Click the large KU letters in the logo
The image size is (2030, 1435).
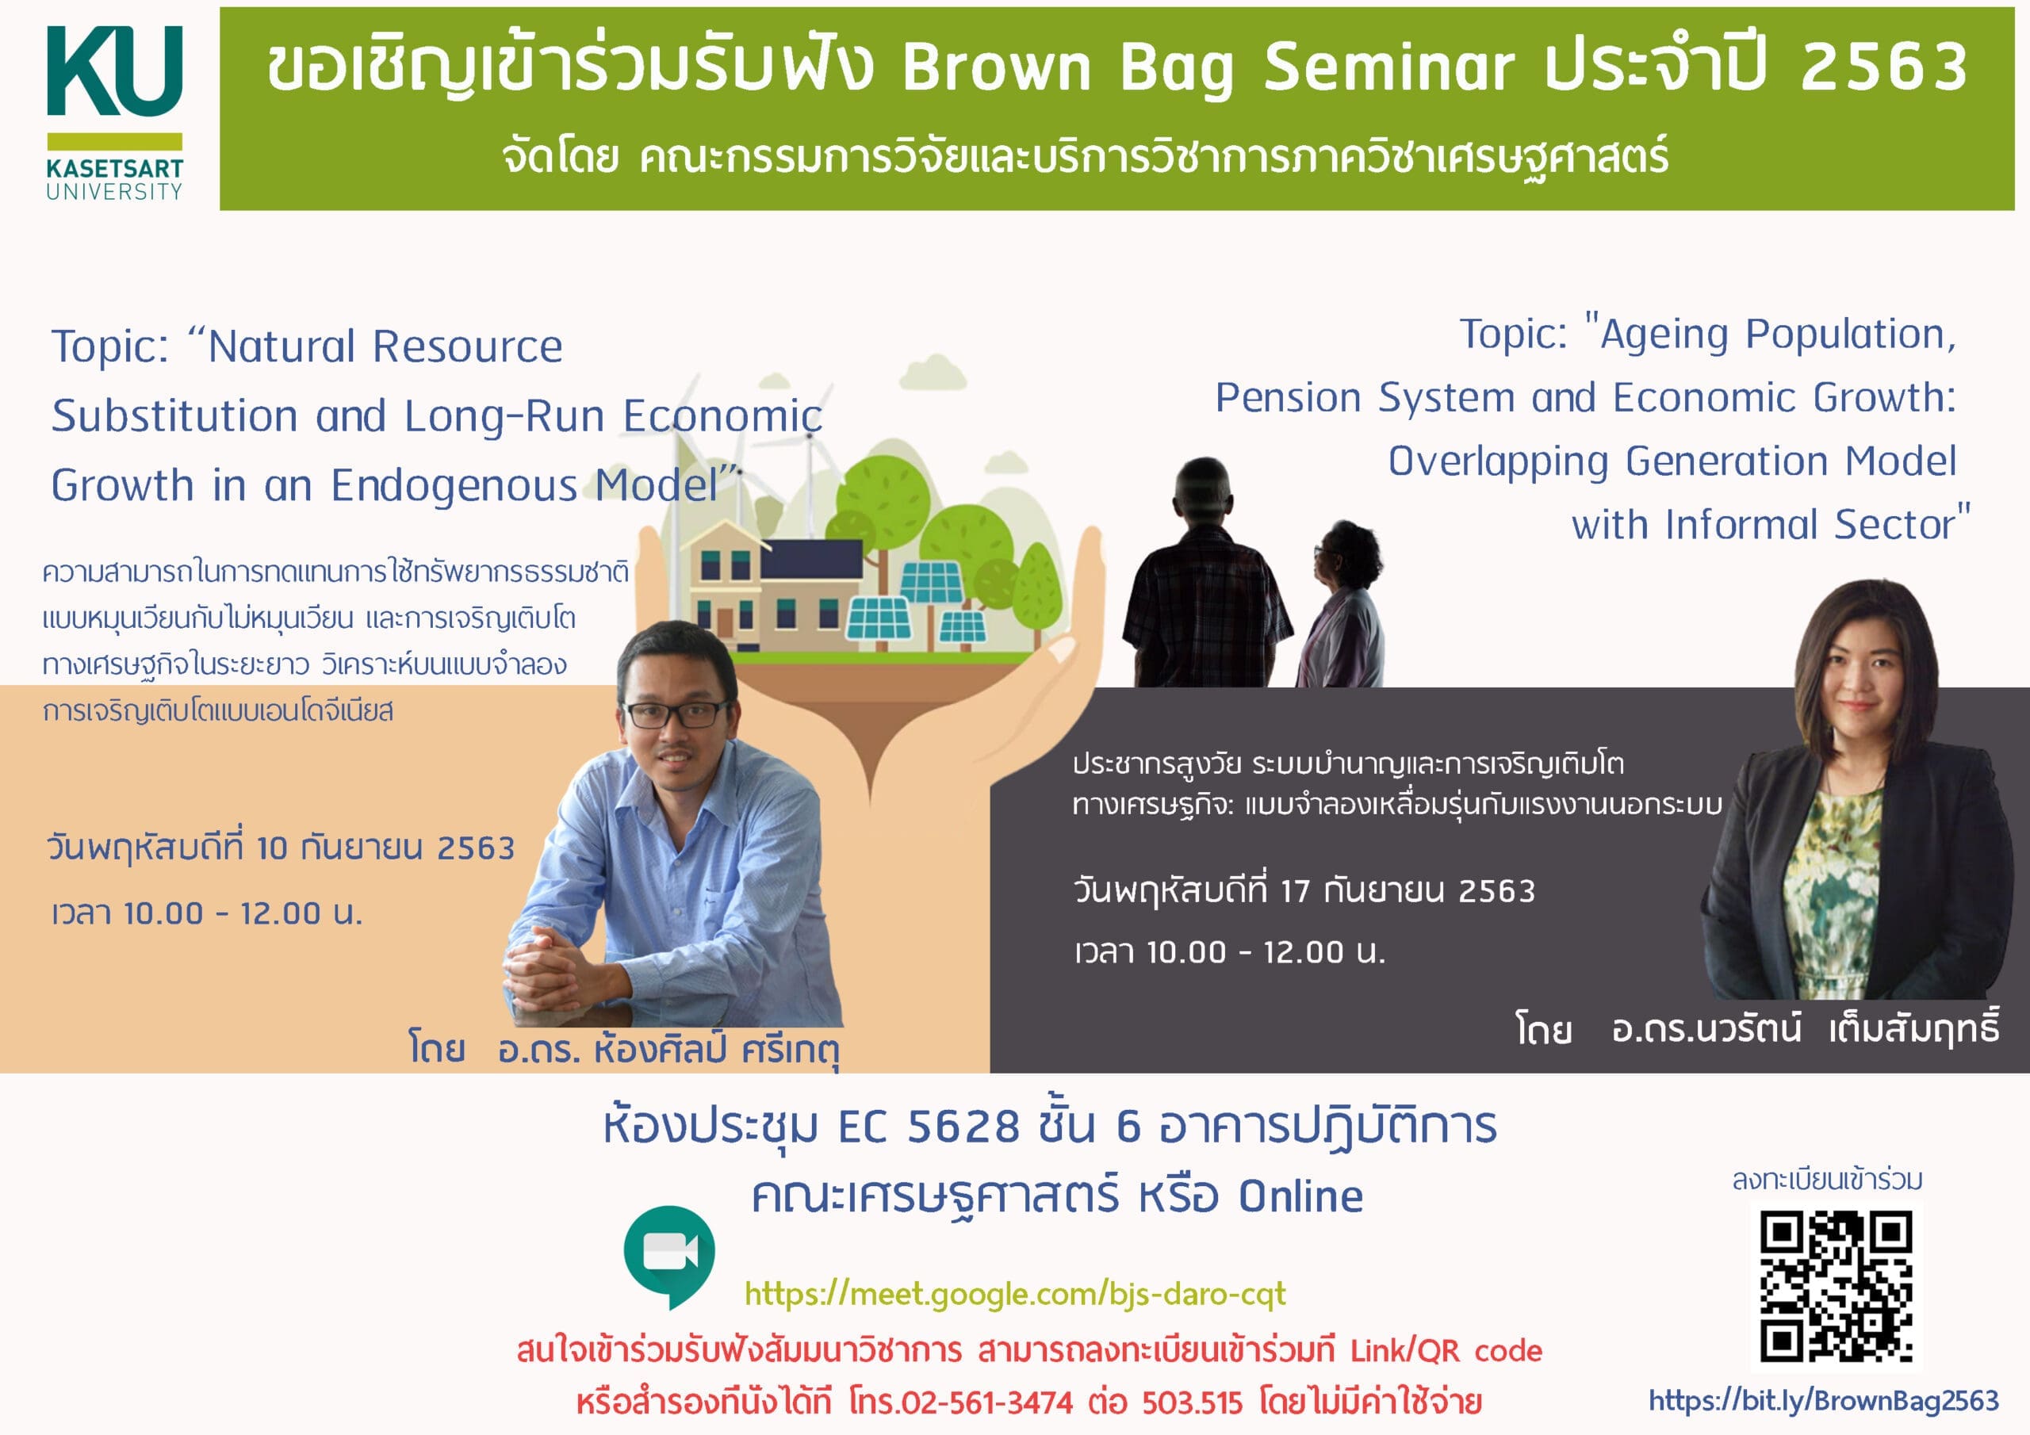(115, 71)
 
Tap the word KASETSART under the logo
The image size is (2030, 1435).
(115, 168)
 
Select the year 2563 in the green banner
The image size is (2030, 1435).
(1884, 67)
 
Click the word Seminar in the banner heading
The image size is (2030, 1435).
(1389, 67)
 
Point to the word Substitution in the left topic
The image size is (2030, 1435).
(175, 415)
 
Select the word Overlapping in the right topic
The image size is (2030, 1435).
(1498, 462)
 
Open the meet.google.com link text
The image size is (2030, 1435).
(1015, 1295)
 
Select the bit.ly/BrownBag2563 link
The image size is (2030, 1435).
(1823, 1401)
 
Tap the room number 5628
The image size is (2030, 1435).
(963, 1127)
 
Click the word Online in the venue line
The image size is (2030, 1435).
(1300, 1196)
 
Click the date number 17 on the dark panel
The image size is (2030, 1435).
(1294, 890)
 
